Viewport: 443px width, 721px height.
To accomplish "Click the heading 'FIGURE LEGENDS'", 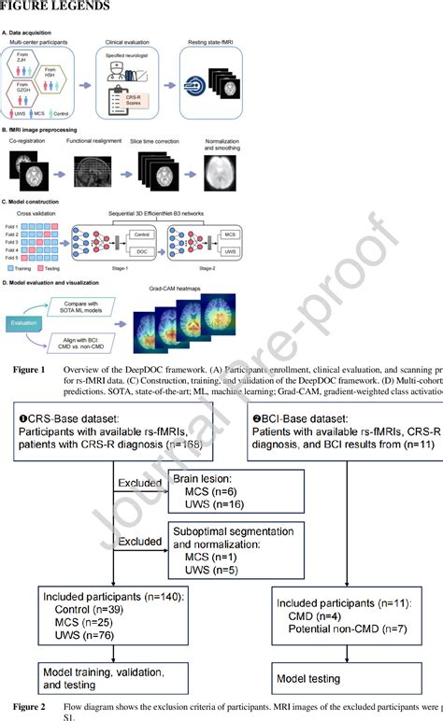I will (x=56, y=7).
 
